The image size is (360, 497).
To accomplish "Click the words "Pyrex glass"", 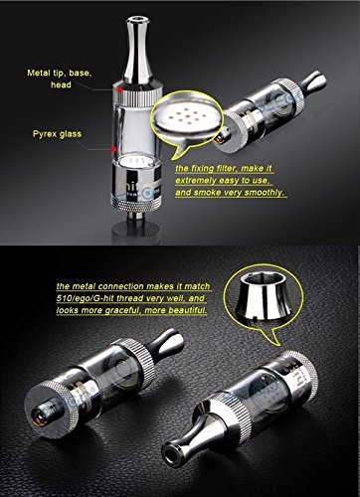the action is [x=57, y=134].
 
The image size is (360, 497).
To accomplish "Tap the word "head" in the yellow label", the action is [x=61, y=84].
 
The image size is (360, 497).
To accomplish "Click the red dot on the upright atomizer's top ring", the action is [x=119, y=89].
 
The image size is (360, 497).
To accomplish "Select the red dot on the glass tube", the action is [x=114, y=149].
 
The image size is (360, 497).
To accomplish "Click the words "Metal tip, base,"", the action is [x=60, y=73].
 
